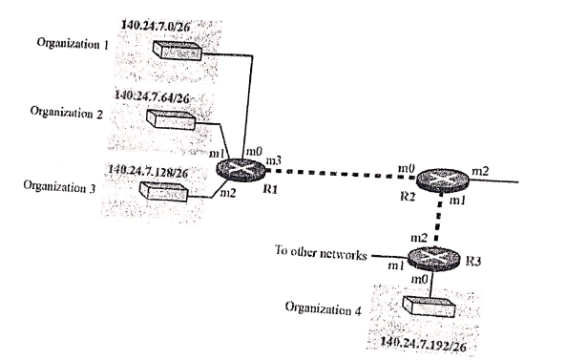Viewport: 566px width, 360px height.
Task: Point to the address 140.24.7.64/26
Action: (152, 97)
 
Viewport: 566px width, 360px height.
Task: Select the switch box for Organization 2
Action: (171, 119)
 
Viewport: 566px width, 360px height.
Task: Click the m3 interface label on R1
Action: (271, 156)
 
